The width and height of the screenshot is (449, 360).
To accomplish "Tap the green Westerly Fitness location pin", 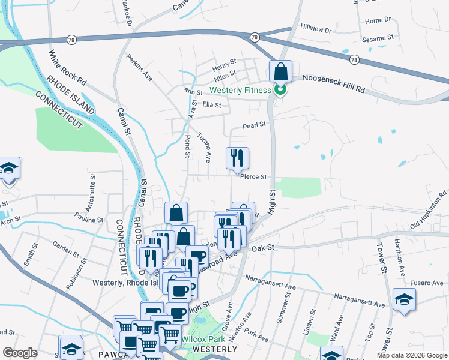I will [x=280, y=90].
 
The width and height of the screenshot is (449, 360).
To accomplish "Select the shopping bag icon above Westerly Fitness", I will [x=280, y=72].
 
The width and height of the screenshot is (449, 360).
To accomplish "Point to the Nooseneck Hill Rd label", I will [x=334, y=83].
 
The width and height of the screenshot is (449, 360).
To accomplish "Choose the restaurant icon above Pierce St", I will [x=237, y=158].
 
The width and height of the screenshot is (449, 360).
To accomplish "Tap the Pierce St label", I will [x=253, y=177].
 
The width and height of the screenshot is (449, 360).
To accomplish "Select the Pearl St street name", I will [x=254, y=126].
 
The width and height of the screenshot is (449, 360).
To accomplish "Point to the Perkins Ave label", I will [x=139, y=68].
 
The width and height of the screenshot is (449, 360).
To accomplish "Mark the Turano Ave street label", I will [x=205, y=148].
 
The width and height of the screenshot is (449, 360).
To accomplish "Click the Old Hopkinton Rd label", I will [x=429, y=209].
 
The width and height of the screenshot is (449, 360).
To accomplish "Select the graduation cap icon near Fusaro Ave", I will [x=404, y=300].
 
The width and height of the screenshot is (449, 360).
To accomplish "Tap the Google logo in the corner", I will [x=20, y=353].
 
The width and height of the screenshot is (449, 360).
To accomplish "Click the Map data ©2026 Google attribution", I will [x=412, y=355].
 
